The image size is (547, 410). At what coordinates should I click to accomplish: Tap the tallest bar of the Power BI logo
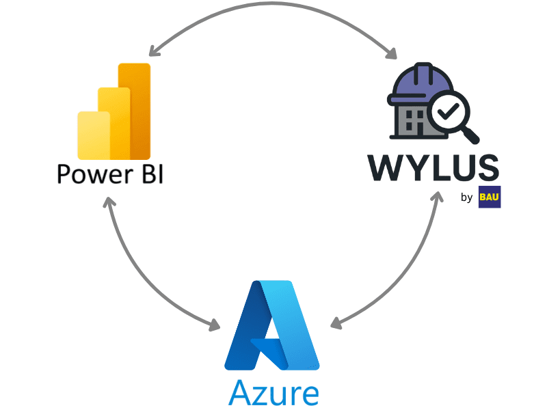coord(135,109)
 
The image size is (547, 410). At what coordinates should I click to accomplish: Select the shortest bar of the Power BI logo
coord(93,135)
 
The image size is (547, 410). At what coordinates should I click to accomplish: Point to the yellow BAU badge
coord(490,197)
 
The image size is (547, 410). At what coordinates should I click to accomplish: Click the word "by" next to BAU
coord(467,198)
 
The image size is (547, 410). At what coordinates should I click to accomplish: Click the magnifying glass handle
coord(472,135)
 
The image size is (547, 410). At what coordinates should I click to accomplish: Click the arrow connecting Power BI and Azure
coord(137,273)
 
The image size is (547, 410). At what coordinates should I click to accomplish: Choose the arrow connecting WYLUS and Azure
coord(407,273)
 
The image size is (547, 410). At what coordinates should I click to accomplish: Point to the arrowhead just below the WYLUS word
coord(436,198)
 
